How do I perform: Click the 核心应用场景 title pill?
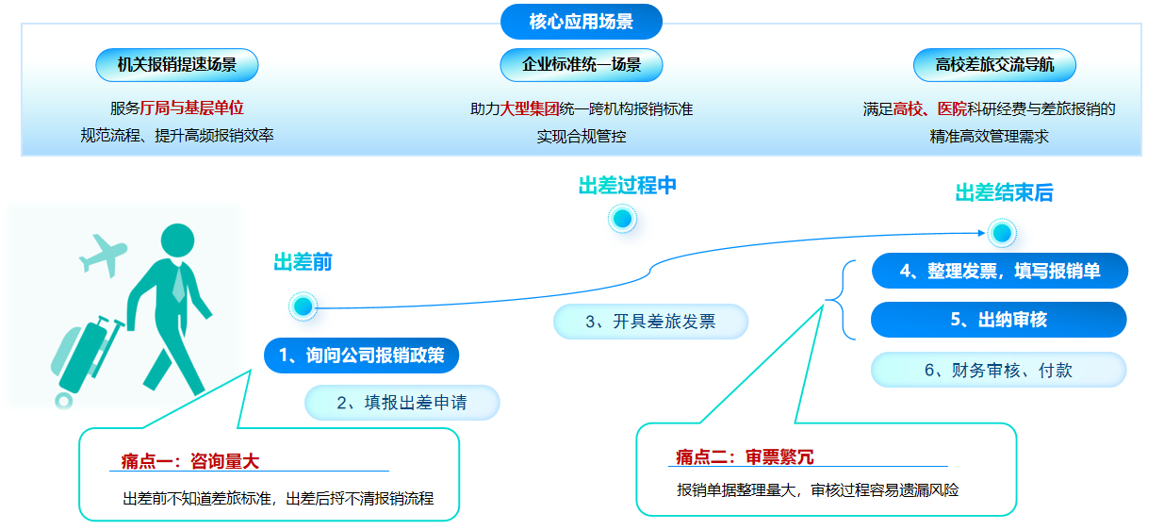[581, 22]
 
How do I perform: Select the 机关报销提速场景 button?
[176, 65]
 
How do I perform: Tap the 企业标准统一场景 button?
[581, 65]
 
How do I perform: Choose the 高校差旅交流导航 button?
[994, 65]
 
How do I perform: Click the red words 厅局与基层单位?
[191, 108]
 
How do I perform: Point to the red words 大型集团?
[530, 108]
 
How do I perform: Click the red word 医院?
[952, 108]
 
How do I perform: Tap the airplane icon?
[103, 255]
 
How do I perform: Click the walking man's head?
[178, 240]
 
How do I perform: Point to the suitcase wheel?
[64, 401]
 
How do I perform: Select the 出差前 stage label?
[303, 262]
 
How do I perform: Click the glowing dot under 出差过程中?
[622, 219]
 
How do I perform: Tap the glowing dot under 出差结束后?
[1002, 233]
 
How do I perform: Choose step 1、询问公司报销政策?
[361, 356]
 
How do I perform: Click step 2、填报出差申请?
[402, 402]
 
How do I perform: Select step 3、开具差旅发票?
[650, 322]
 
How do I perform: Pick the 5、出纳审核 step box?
[999, 320]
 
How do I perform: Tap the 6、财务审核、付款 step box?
[999, 370]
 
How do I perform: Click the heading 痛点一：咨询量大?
[189, 461]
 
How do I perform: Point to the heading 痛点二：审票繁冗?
[745, 457]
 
